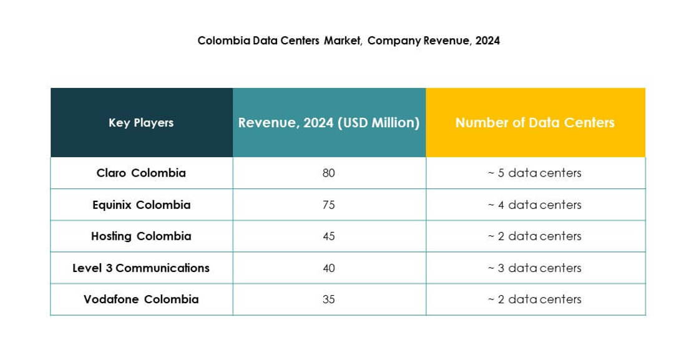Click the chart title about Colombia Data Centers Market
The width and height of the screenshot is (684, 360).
pyautogui.click(x=348, y=41)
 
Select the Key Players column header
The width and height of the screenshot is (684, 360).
pyautogui.click(x=141, y=123)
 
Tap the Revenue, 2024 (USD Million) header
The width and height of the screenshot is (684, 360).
pyautogui.click(x=328, y=123)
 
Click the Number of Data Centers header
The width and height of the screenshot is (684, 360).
pyautogui.click(x=535, y=123)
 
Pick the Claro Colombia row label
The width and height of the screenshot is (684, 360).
pyautogui.click(x=141, y=173)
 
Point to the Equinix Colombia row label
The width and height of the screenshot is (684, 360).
pyautogui.click(x=141, y=205)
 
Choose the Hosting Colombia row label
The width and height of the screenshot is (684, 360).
pyautogui.click(x=141, y=236)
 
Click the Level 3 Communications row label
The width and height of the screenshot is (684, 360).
pyautogui.click(x=141, y=268)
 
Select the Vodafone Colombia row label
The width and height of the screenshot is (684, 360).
pyautogui.click(x=141, y=299)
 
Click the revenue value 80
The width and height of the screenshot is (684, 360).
pyautogui.click(x=329, y=173)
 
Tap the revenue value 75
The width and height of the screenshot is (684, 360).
pyautogui.click(x=329, y=205)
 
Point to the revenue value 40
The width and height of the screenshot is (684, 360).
pyautogui.click(x=329, y=268)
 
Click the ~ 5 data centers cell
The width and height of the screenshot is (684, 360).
pyautogui.click(x=535, y=173)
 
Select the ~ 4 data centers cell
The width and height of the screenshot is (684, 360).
pyautogui.click(x=535, y=205)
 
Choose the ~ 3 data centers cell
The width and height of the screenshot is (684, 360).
pyautogui.click(x=535, y=268)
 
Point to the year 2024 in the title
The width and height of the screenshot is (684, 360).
pyautogui.click(x=487, y=41)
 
